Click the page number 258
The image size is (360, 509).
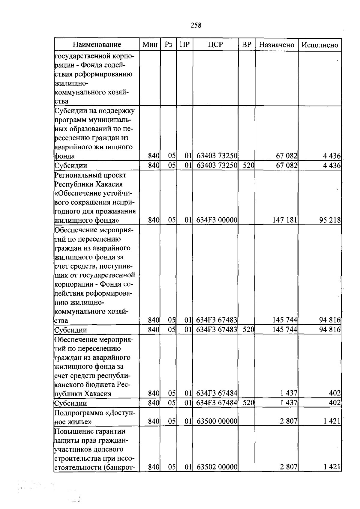pyautogui.click(x=196, y=25)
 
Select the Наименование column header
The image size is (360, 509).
pyautogui.click(x=97, y=45)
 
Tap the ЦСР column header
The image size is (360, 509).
pyautogui.click(x=215, y=45)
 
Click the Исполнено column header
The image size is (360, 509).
pyautogui.click(x=319, y=45)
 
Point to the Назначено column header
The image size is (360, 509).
pyautogui.click(x=276, y=45)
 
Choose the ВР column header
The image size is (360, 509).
pyautogui.click(x=246, y=45)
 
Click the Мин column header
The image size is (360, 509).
pyautogui.click(x=150, y=45)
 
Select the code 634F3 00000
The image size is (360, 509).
pyautogui.click(x=217, y=220)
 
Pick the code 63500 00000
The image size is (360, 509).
pyautogui.click(x=217, y=421)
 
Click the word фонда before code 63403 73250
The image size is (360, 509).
pyautogui.click(x=65, y=156)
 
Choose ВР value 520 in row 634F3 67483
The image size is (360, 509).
pyautogui.click(x=248, y=330)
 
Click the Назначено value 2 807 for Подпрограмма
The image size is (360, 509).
pyautogui.click(x=288, y=421)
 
